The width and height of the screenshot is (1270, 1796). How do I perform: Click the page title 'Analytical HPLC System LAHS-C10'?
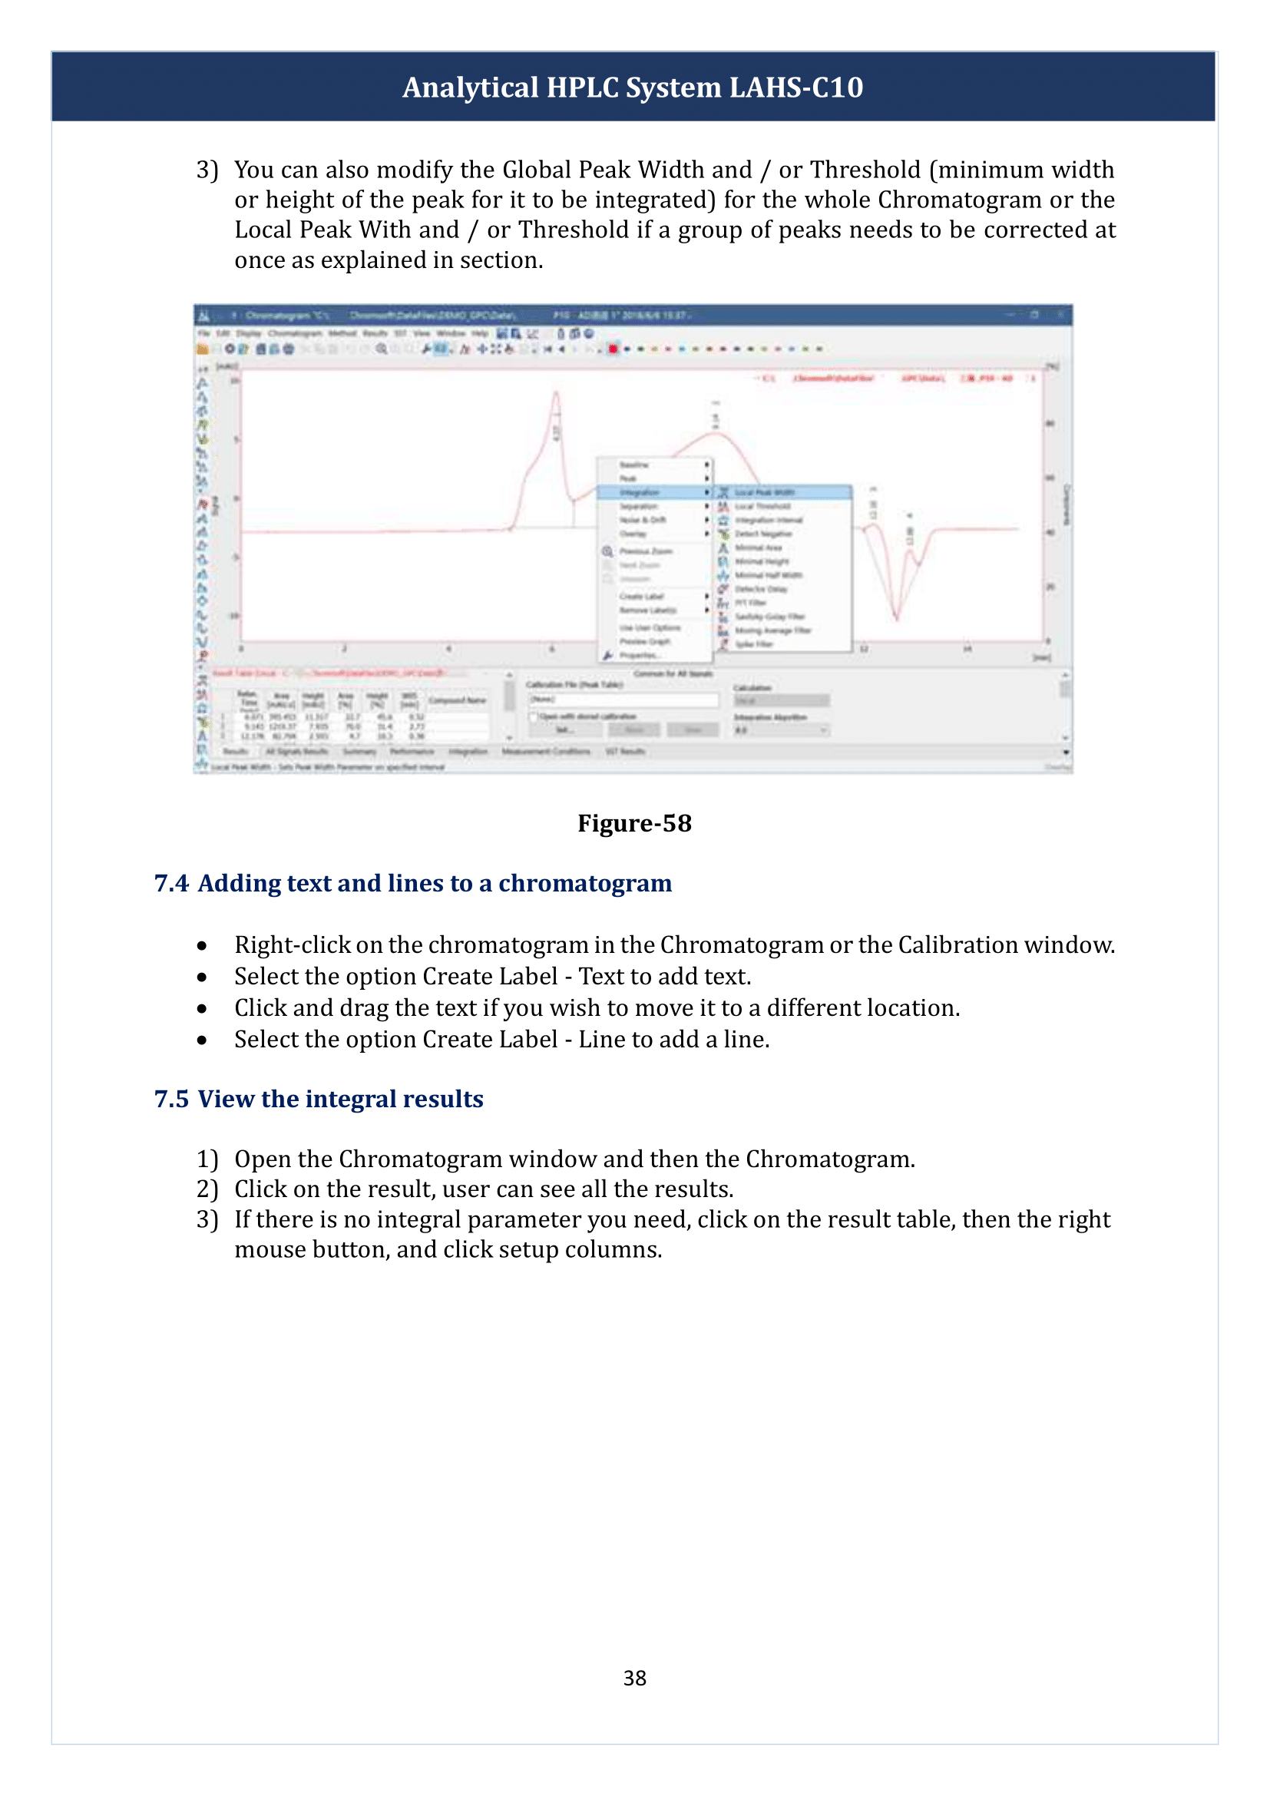point(633,88)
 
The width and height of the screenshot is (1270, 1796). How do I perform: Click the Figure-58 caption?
point(634,823)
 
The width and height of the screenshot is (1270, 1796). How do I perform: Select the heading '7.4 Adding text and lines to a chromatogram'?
point(413,883)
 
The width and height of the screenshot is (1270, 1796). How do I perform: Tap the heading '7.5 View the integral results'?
point(319,1099)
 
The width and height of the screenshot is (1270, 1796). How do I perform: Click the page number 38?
point(634,1678)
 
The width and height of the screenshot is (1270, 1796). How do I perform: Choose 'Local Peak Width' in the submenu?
point(764,493)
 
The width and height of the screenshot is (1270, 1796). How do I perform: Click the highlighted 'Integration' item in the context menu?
point(640,493)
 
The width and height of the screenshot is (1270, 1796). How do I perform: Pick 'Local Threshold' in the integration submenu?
point(762,506)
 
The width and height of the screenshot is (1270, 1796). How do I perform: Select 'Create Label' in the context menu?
point(642,596)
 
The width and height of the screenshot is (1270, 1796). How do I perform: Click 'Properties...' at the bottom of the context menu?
point(640,656)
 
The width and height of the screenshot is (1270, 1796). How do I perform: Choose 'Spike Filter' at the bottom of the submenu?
point(754,643)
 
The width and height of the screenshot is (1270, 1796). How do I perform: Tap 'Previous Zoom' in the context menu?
point(645,551)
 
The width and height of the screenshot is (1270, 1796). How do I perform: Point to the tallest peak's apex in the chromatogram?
point(556,393)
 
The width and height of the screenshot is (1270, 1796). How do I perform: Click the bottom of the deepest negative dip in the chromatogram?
point(896,618)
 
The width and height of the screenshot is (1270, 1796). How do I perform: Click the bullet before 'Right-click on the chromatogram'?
point(202,947)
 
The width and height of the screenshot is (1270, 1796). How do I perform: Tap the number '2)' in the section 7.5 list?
point(207,1189)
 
